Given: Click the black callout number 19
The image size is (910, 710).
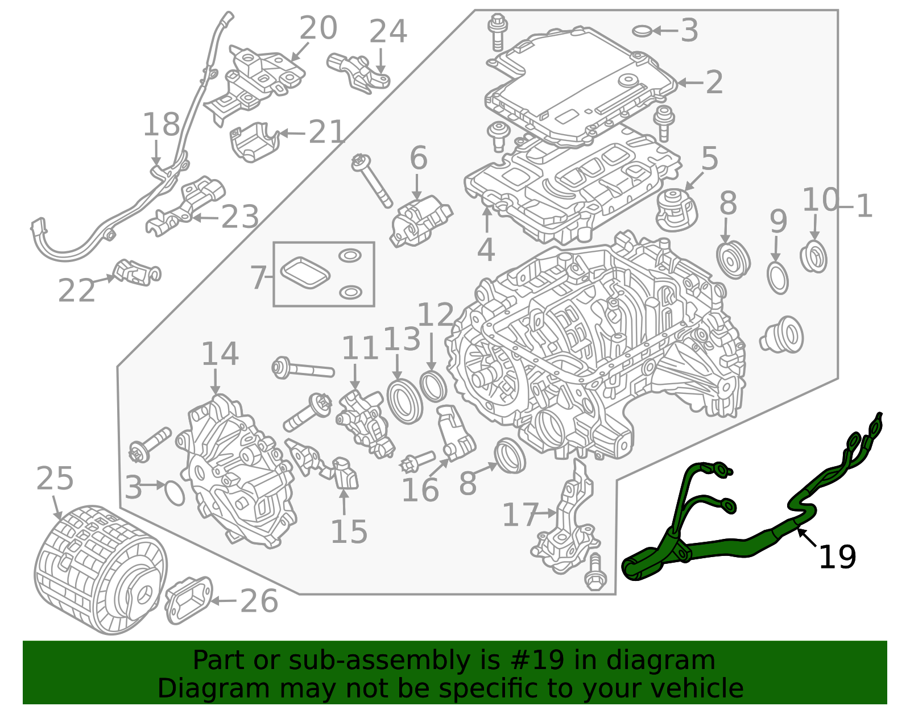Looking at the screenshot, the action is pyautogui.click(x=837, y=557).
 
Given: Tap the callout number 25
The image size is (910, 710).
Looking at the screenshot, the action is pyautogui.click(x=55, y=479).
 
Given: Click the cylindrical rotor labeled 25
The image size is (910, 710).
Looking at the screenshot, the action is pyautogui.click(x=101, y=570).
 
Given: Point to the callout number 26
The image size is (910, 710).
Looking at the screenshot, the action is pyautogui.click(x=259, y=601).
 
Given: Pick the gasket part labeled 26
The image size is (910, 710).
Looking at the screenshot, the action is pyautogui.click(x=189, y=600).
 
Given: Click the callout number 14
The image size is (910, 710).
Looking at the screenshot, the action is pyautogui.click(x=220, y=354).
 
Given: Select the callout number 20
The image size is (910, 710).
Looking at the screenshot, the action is pyautogui.click(x=318, y=28).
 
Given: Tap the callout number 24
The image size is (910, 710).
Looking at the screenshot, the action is pyautogui.click(x=388, y=31).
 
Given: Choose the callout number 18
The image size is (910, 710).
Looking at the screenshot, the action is pyautogui.click(x=161, y=124).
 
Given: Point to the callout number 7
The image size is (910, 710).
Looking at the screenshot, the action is pyautogui.click(x=258, y=277).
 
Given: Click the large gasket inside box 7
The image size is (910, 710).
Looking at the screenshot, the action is pyautogui.click(x=305, y=273).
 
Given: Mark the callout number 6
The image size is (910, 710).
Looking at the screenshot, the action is pyautogui.click(x=419, y=158).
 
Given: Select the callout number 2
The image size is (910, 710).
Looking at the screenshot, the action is pyautogui.click(x=714, y=82).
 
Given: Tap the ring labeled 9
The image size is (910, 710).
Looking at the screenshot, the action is pyautogui.click(x=777, y=278).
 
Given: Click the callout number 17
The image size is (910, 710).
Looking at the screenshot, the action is pyautogui.click(x=520, y=514).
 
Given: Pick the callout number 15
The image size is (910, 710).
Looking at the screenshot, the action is pyautogui.click(x=349, y=532).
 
